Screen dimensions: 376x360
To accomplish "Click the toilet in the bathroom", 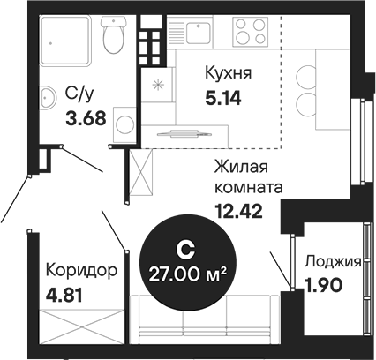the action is (114, 34).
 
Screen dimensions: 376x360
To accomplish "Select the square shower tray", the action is (65, 41).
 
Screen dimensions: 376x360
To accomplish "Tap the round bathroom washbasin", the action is (48, 97).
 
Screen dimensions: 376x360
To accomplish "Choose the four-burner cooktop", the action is (251, 32).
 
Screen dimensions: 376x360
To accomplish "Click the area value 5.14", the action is (223, 98).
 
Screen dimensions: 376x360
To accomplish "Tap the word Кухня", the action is (229, 73).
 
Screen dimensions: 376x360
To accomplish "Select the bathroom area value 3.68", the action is (86, 119).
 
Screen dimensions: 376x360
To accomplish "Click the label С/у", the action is (79, 94).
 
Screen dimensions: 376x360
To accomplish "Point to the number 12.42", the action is (238, 211).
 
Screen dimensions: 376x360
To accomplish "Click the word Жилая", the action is (241, 167).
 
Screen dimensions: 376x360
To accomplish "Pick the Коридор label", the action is (81, 270).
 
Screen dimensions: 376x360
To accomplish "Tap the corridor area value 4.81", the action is (64, 296).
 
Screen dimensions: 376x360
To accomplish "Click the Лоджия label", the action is (333, 261).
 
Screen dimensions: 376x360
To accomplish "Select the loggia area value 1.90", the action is (324, 285).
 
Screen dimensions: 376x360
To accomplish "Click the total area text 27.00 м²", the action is (188, 274).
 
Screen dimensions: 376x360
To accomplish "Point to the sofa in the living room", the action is (205, 319).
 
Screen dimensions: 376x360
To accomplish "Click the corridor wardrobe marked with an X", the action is (82, 326).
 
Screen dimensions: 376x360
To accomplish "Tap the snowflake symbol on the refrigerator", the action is (158, 85).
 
